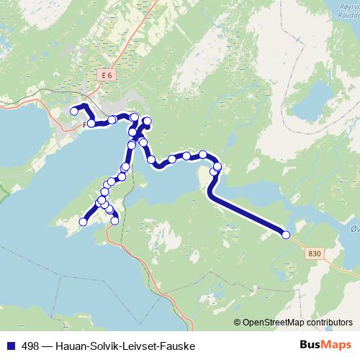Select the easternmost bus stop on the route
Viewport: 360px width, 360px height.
tap(286, 235)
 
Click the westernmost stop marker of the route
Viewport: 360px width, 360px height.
tap(74, 112)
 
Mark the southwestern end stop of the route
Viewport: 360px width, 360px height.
tap(83, 222)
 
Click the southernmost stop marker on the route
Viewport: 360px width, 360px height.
tap(114, 221)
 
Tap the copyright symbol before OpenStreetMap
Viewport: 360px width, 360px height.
tap(238, 323)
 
